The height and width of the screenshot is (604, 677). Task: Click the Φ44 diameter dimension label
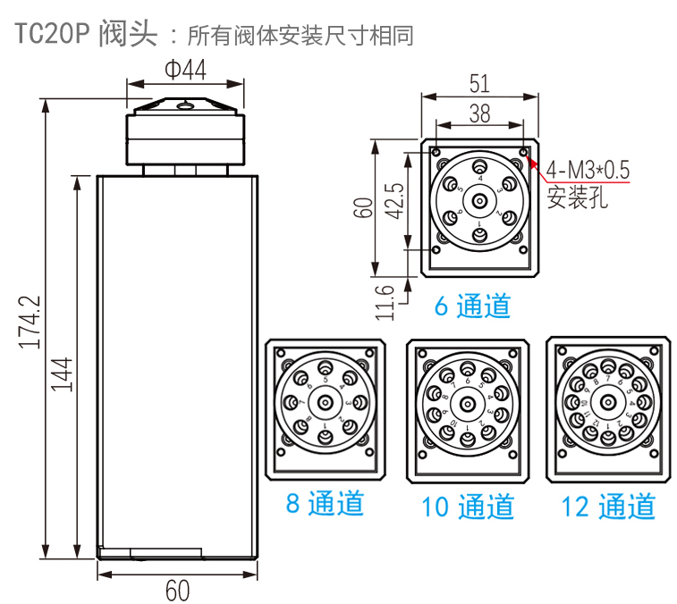coord(185,69)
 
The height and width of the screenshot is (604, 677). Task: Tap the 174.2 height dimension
coord(32,322)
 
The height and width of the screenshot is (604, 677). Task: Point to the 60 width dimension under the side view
coord(178,589)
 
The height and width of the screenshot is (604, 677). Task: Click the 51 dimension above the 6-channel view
coord(479,83)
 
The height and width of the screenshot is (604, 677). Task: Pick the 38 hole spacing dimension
coord(479,113)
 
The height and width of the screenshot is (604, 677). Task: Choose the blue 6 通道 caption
coord(472,306)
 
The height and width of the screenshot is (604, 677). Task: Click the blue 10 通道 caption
coord(468,507)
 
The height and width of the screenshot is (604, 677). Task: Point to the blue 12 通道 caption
coord(608,507)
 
